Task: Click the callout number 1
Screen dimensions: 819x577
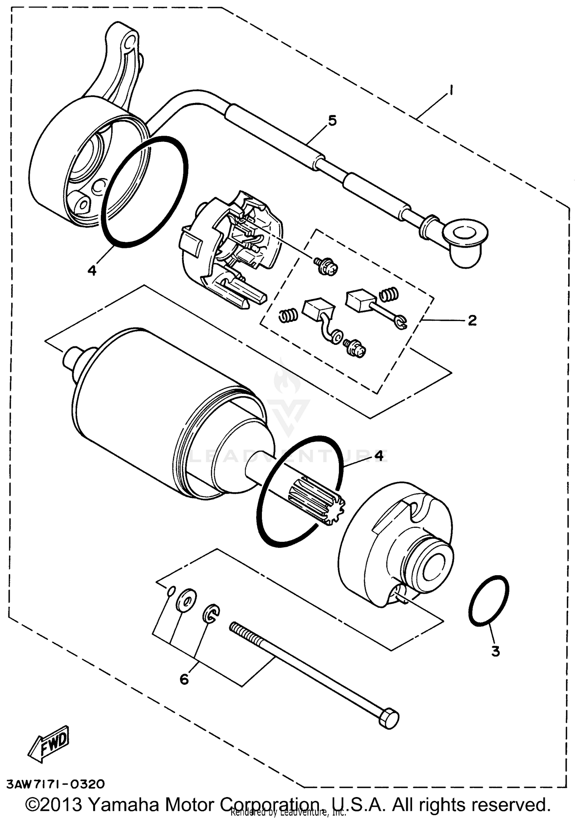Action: click(x=450, y=91)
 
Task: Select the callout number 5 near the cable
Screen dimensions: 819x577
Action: click(x=332, y=121)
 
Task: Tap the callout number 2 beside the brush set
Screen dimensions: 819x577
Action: click(x=472, y=320)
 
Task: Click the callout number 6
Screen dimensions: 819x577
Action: click(x=184, y=680)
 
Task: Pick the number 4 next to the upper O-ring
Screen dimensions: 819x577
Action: click(x=92, y=270)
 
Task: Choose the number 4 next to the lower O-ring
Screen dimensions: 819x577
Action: click(x=379, y=456)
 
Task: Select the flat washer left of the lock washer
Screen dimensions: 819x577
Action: click(x=186, y=600)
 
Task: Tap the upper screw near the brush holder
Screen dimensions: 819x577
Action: click(x=326, y=266)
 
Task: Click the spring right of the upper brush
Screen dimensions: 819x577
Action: click(x=389, y=295)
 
